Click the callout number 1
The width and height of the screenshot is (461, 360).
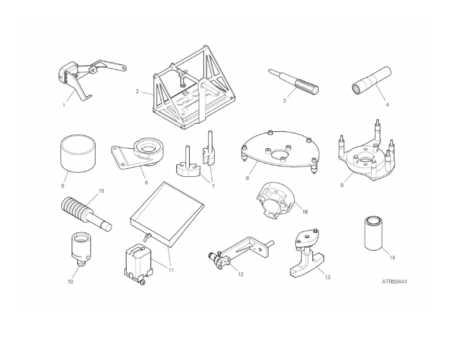tap(64, 105)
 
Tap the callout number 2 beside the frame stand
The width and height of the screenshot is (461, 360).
tap(137, 92)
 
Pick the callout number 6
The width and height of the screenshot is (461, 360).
tap(146, 183)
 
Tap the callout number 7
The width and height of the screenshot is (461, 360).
tap(213, 186)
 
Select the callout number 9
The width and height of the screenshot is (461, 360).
tap(341, 185)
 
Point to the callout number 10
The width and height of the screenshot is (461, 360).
tap(70, 282)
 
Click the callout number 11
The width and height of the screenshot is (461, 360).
tap(171, 270)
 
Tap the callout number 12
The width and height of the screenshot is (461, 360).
tap(241, 274)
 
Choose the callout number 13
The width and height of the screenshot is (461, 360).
tap(327, 277)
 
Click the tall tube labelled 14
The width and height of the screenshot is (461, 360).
tap(373, 233)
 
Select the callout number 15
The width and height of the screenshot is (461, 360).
tap(101, 191)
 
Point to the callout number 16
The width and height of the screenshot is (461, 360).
tap(305, 212)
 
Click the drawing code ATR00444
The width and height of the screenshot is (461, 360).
tap(394, 282)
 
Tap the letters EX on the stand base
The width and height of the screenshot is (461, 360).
tap(186, 93)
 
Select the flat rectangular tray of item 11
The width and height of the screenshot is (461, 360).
tap(167, 215)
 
